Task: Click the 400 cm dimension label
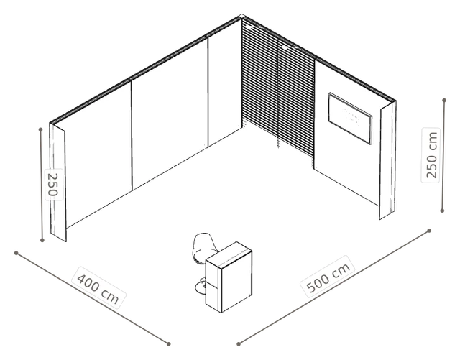[x=98, y=287]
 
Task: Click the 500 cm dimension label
[x=328, y=277]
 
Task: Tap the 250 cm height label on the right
[x=431, y=155]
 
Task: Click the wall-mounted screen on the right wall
[x=350, y=119]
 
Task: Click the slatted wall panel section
[x=278, y=88]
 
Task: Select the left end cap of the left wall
[x=57, y=183]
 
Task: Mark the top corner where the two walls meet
[x=241, y=16]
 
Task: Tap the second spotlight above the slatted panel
[x=285, y=47]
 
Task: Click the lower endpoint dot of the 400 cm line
[x=168, y=344]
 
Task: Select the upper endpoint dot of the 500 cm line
[x=429, y=231]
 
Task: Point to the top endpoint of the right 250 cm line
[x=444, y=101]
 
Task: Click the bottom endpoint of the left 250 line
[x=42, y=240]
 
